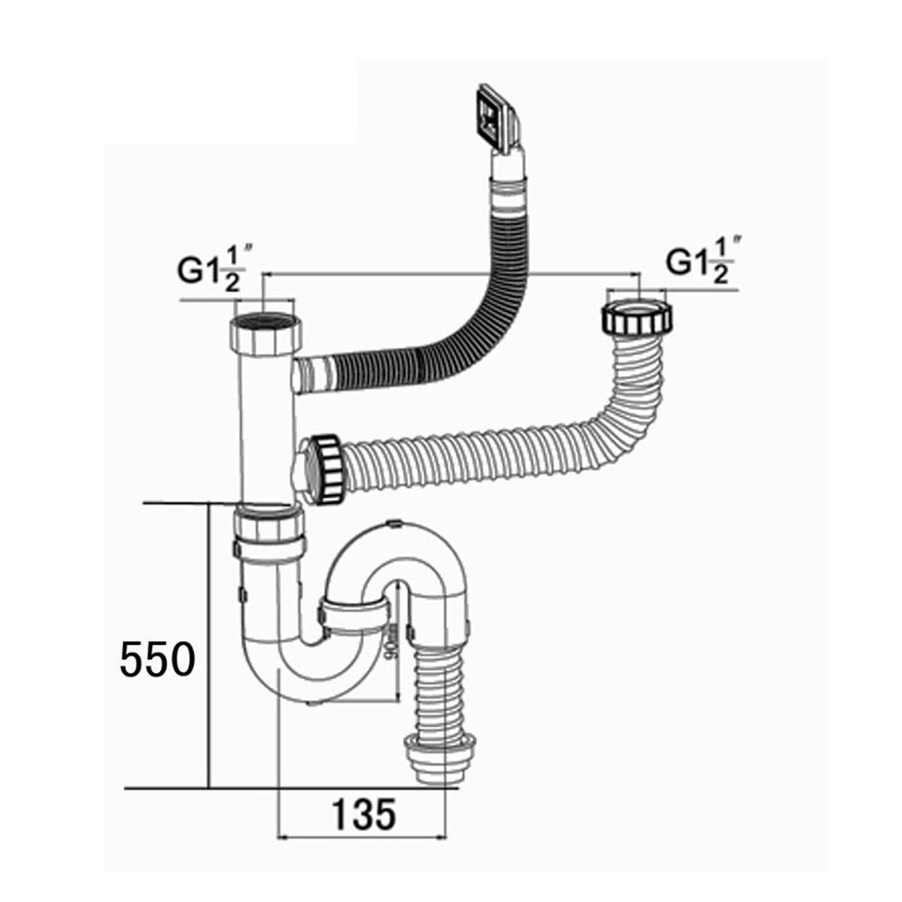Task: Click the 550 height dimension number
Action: (158, 660)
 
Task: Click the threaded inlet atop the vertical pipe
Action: (267, 333)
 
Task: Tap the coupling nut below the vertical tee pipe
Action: (268, 534)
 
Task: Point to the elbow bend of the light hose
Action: (622, 401)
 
